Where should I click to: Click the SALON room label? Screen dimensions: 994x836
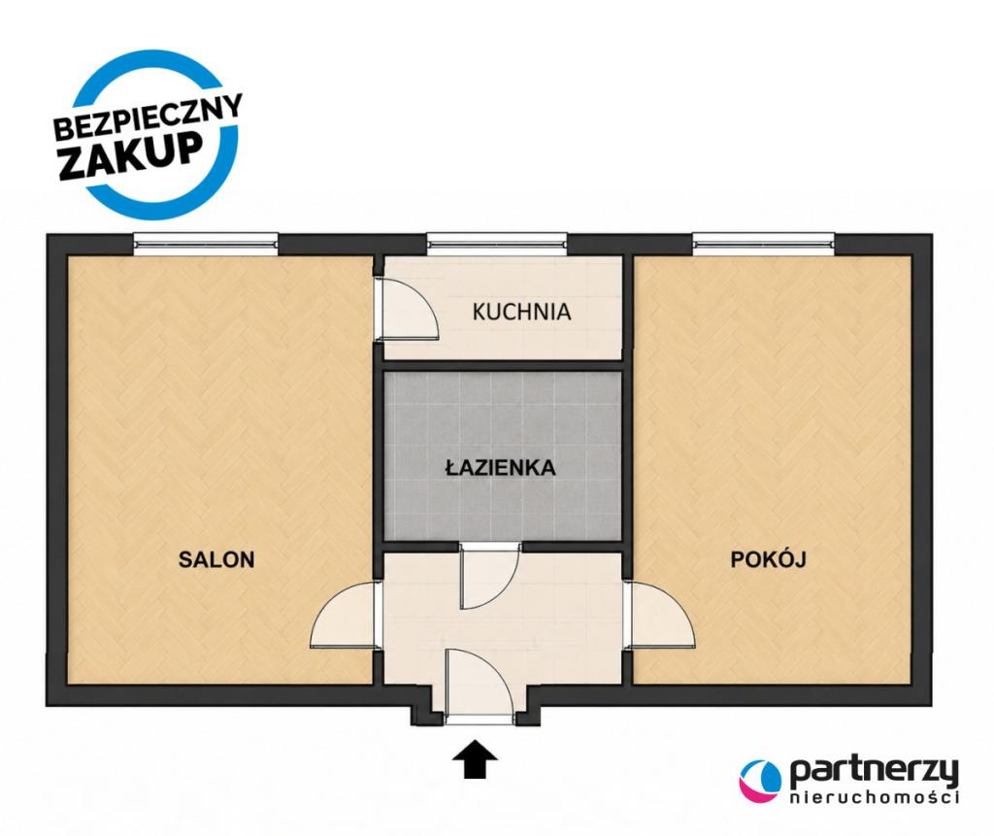(x=216, y=559)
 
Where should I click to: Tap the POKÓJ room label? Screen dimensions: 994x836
(x=768, y=559)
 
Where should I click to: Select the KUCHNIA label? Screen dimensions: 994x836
(x=521, y=312)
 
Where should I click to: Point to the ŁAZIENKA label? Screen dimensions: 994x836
(x=500, y=467)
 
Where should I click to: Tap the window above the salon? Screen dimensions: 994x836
(x=206, y=243)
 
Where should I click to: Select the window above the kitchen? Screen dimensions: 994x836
(x=496, y=243)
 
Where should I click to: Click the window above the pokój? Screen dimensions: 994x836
(x=763, y=243)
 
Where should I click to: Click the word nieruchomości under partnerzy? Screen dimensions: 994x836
(x=875, y=797)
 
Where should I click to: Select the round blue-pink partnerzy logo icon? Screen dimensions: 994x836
(x=760, y=781)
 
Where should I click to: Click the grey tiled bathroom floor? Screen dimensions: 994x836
(x=502, y=456)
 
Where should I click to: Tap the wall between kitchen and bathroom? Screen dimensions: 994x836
(x=502, y=365)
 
